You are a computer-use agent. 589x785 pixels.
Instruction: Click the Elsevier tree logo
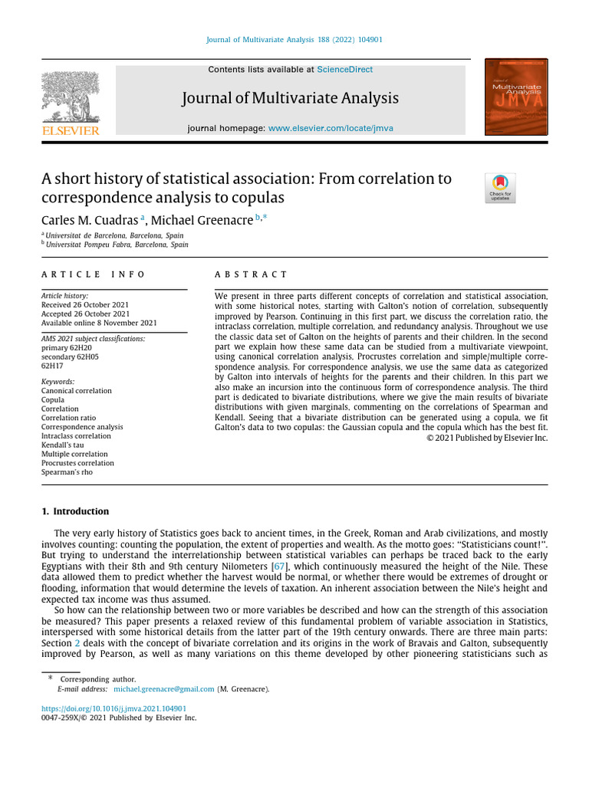[71, 99]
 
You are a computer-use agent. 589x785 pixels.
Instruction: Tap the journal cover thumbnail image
[516, 97]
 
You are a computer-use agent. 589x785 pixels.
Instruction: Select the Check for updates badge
[501, 189]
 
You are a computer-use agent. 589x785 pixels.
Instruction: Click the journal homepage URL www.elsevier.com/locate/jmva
[331, 128]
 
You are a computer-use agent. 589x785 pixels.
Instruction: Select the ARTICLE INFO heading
[93, 274]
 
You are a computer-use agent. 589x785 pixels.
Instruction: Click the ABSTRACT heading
[251, 274]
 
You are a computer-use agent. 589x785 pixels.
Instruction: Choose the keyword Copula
[53, 400]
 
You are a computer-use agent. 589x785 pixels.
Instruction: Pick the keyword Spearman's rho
[67, 472]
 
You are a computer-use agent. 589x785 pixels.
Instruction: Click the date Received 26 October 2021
[85, 305]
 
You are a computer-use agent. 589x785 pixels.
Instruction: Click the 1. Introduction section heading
[75, 511]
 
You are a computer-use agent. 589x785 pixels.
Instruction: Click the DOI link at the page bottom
[114, 709]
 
